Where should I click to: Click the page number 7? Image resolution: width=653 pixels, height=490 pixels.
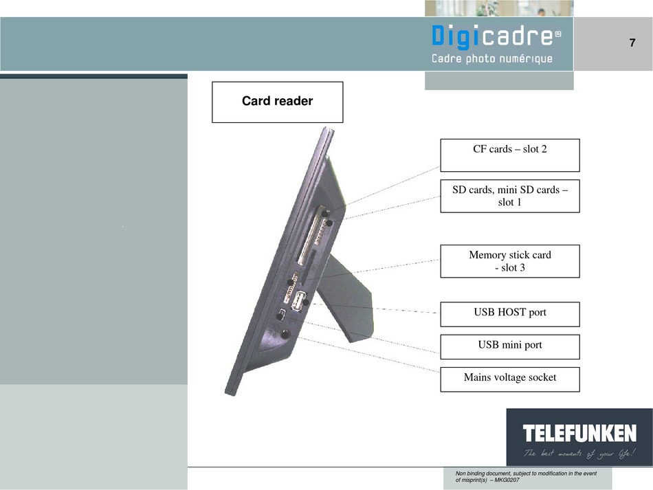click(632, 43)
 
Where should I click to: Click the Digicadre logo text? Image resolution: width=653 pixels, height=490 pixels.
click(496, 36)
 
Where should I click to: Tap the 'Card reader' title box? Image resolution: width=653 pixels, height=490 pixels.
click(278, 102)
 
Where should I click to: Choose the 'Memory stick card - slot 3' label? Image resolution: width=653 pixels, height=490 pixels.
click(510, 261)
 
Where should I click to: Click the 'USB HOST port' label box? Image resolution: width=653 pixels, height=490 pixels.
click(510, 314)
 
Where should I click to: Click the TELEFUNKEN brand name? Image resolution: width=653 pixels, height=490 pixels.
click(579, 434)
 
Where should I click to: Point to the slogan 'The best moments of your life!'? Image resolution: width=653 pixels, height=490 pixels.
click(579, 453)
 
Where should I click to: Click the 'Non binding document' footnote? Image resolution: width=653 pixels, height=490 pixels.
click(526, 477)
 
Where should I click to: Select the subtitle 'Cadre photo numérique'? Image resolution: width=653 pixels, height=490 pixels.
click(492, 58)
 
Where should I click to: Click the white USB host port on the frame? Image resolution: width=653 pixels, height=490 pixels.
click(298, 302)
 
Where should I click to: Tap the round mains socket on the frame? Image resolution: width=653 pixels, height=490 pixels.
click(285, 333)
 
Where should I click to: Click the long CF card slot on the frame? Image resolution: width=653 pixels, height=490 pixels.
click(310, 235)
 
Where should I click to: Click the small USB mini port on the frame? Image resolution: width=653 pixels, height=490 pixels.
click(281, 314)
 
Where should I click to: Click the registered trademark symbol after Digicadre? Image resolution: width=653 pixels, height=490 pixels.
click(558, 34)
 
